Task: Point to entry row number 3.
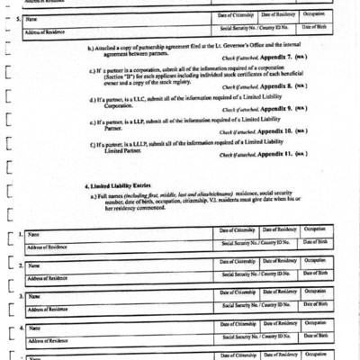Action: (x=21, y=296)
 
